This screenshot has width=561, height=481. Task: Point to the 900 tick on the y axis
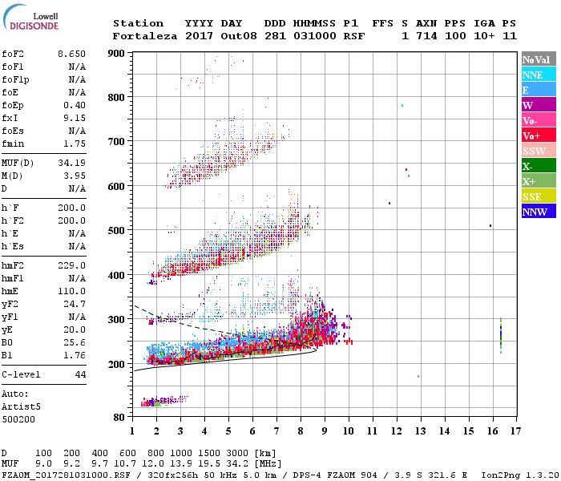point(117,53)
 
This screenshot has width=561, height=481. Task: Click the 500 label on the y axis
point(117,231)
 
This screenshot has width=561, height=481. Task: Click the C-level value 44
point(80,374)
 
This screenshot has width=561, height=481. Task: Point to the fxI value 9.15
point(75,118)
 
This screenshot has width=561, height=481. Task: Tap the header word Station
point(138,23)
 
